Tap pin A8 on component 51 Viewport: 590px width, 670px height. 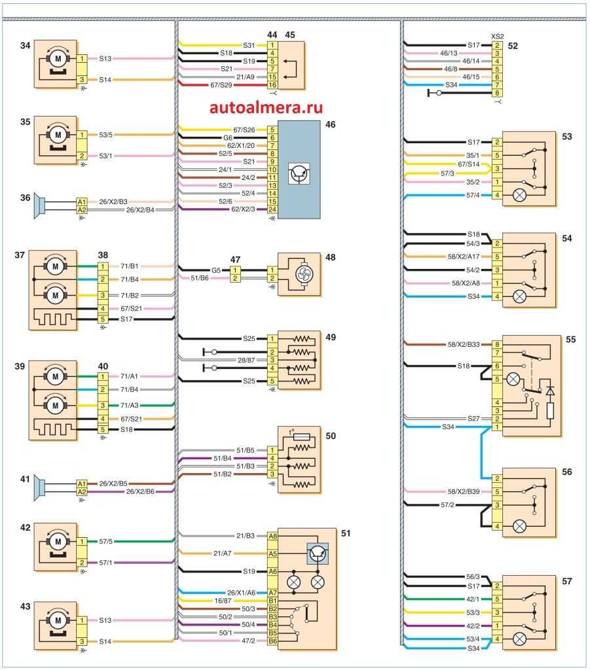tap(272, 535)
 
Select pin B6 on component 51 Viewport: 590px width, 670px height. tap(272, 642)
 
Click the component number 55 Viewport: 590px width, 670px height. tap(570, 341)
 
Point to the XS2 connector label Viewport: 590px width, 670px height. tap(498, 37)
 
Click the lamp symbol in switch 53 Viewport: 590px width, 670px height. tap(535, 194)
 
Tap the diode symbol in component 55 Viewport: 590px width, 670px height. tap(549, 391)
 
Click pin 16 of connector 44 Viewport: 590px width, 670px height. tap(272, 85)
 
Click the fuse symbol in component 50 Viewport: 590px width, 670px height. tap(302, 436)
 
